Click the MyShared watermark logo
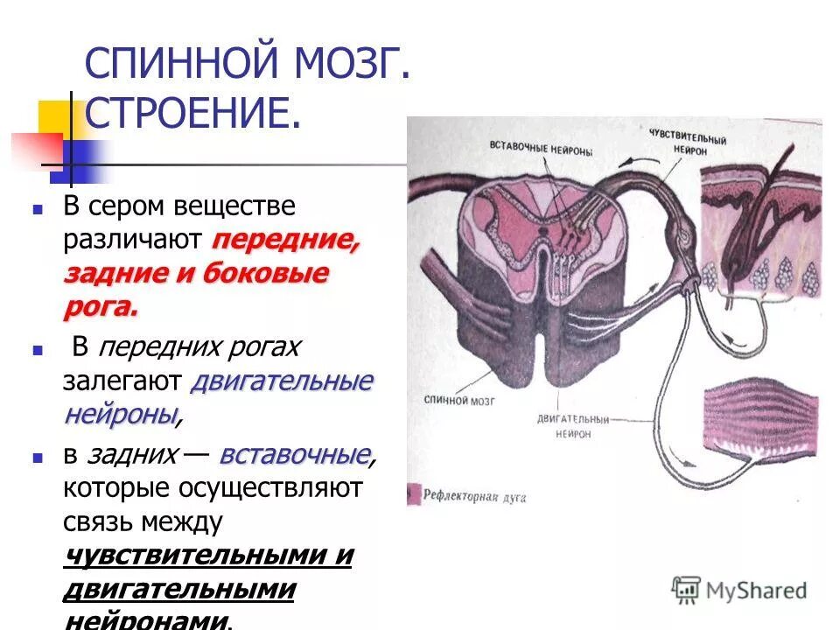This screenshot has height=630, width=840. coord(740,590)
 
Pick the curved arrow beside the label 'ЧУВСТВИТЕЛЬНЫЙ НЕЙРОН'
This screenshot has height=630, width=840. coord(647,162)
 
